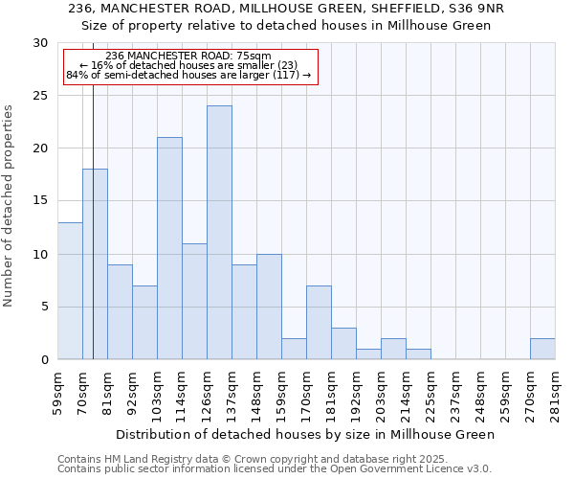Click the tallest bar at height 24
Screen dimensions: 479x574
tap(219, 233)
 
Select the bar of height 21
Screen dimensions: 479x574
tap(169, 248)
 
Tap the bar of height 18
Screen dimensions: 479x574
tap(95, 264)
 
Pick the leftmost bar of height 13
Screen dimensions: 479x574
tap(70, 290)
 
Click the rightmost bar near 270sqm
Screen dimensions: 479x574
tap(542, 349)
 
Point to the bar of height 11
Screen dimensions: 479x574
tap(194, 301)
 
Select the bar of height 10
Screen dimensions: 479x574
tap(269, 307)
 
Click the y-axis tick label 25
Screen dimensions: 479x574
tap(40, 96)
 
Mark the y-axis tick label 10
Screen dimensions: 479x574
tap(40, 254)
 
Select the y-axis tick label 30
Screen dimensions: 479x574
tap(40, 43)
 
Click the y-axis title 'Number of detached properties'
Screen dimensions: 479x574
tap(10, 206)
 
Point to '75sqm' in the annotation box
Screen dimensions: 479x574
tap(257, 57)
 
